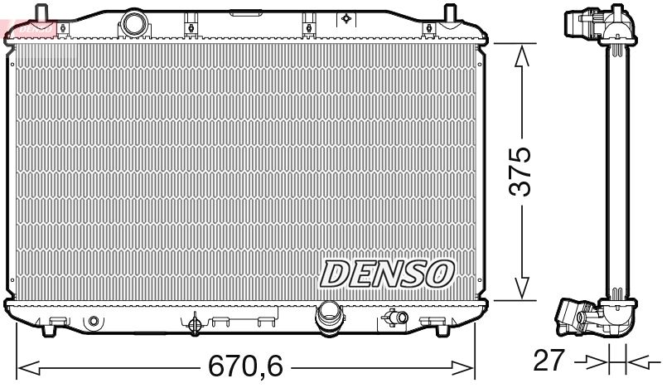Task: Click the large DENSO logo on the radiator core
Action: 387,272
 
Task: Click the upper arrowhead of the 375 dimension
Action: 521,56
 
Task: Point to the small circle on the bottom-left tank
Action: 93,321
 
